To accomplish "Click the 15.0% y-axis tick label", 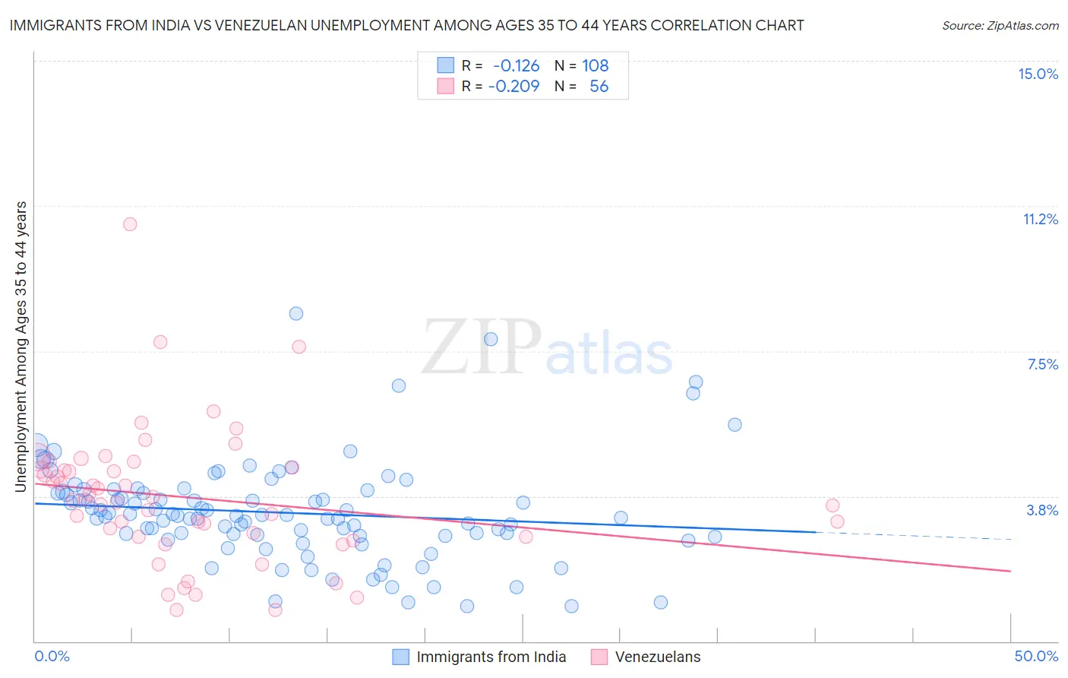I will pyautogui.click(x=1038, y=74).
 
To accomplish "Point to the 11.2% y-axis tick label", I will pyautogui.click(x=1040, y=219).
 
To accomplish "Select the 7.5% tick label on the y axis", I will pyautogui.click(x=1042, y=364).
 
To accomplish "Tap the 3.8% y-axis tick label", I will pyautogui.click(x=1042, y=510).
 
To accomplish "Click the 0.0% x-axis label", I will pyautogui.click(x=52, y=656).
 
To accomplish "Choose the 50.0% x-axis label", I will pyautogui.click(x=1036, y=656).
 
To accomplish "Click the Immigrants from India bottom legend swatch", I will pyautogui.click(x=400, y=657).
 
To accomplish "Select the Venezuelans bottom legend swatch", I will pyautogui.click(x=599, y=657).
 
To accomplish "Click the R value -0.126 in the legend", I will pyautogui.click(x=516, y=65).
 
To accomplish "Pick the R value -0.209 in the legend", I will pyautogui.click(x=513, y=86).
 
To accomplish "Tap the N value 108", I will pyautogui.click(x=595, y=65).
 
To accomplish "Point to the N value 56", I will pyautogui.click(x=599, y=86).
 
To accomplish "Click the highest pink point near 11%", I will pyautogui.click(x=130, y=224).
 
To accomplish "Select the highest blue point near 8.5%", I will pyautogui.click(x=296, y=313).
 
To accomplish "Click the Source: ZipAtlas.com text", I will pyautogui.click(x=1000, y=26).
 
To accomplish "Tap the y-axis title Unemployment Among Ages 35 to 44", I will pyautogui.click(x=21, y=347).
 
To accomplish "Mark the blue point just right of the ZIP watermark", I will pyautogui.click(x=491, y=339).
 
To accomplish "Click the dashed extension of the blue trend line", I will pyautogui.click(x=912, y=536).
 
